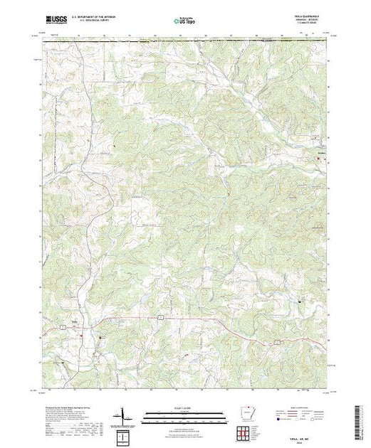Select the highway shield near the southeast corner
pos(274,342)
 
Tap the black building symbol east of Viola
pos(100,337)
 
